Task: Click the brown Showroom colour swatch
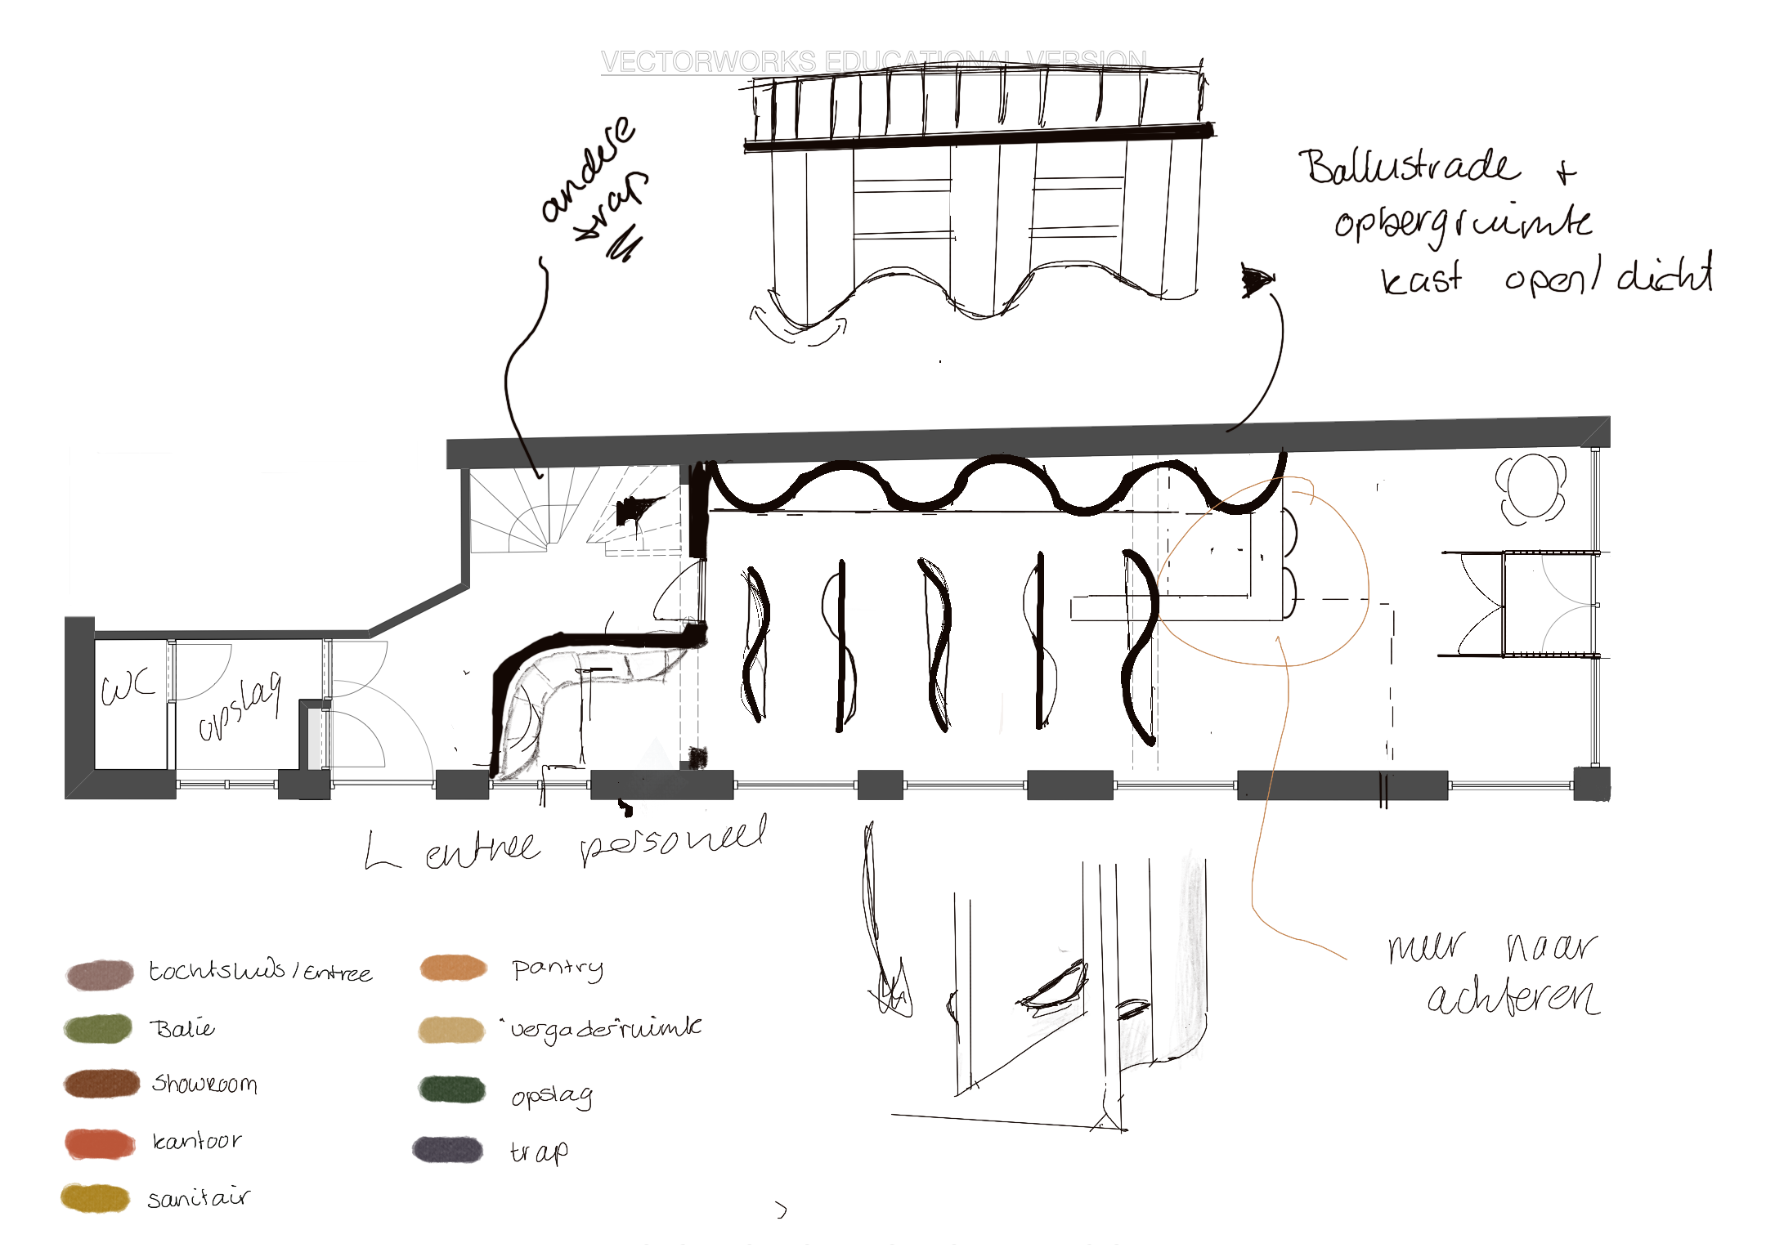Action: click(101, 1084)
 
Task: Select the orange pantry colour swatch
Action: click(453, 968)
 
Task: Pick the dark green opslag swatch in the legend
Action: click(451, 1089)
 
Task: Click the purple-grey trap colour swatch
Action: click(448, 1149)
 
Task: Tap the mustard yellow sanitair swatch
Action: click(95, 1198)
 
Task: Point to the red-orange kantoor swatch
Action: click(100, 1143)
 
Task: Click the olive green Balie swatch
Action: click(98, 1028)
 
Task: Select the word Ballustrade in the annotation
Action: click(1408, 167)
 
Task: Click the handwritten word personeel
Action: click(674, 842)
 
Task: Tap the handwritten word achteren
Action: click(1513, 997)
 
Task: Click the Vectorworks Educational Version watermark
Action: click(873, 61)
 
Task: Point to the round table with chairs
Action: click(1531, 488)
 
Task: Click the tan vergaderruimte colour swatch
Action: click(451, 1030)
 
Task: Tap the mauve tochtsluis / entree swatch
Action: click(100, 974)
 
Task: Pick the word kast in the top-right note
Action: click(1421, 280)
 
